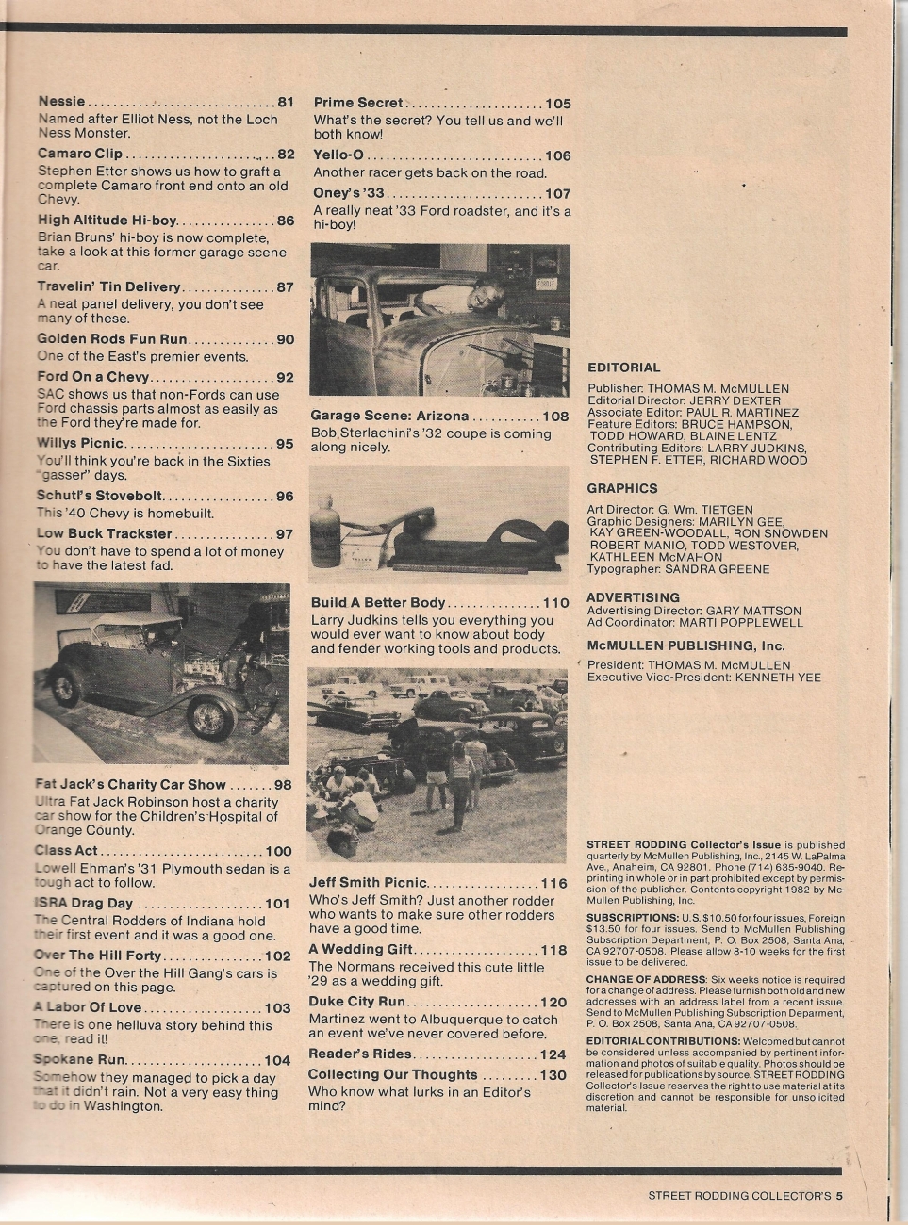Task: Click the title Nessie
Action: tap(61, 102)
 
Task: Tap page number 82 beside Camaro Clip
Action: tap(286, 155)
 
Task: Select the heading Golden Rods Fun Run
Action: tap(112, 339)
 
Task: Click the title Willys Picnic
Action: tap(80, 443)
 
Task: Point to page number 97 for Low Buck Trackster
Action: tap(284, 534)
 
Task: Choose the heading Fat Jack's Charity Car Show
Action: tap(130, 784)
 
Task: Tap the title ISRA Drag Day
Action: tap(83, 903)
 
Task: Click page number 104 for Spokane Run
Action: tap(276, 1060)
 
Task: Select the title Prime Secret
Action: tap(358, 103)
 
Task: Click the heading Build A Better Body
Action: tap(378, 603)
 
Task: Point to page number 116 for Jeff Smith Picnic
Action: tap(553, 883)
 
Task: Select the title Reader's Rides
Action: tap(360, 1053)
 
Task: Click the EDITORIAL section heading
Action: tap(623, 367)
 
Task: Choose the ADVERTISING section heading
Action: tap(633, 597)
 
